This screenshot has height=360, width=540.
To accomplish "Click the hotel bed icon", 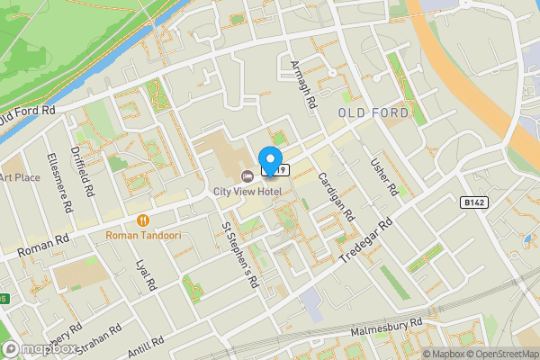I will [x=247, y=175].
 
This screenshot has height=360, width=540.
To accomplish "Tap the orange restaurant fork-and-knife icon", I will [x=142, y=220].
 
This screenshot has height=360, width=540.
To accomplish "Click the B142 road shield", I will [x=477, y=204].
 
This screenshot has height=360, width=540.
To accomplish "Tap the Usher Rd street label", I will [x=383, y=176].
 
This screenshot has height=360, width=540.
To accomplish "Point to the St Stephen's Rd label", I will [x=240, y=255].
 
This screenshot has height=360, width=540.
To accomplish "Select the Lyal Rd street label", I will [x=144, y=277].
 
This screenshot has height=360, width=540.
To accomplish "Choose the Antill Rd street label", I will [x=146, y=344].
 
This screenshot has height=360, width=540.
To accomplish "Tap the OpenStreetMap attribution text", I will [x=499, y=354].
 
